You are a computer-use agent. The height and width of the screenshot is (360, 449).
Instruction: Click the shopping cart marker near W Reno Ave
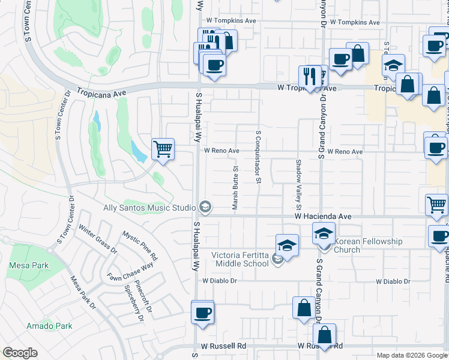[x=163, y=148]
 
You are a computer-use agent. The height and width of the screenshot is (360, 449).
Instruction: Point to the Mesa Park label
[x=25, y=265]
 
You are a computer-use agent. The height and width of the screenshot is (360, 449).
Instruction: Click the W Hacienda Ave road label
[x=322, y=216]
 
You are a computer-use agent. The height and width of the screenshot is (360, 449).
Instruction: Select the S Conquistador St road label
[x=259, y=157]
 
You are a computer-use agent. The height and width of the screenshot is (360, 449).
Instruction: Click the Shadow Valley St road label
[x=297, y=181]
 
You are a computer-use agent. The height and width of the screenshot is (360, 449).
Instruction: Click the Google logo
[x=20, y=353]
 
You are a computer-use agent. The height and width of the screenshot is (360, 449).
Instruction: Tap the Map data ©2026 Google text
[x=411, y=355]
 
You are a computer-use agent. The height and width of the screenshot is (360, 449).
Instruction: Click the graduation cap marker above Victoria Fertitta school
[x=288, y=245]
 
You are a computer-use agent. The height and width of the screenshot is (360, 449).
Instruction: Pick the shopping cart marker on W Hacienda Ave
[x=436, y=205]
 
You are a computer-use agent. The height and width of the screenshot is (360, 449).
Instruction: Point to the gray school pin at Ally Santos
[x=205, y=208]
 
